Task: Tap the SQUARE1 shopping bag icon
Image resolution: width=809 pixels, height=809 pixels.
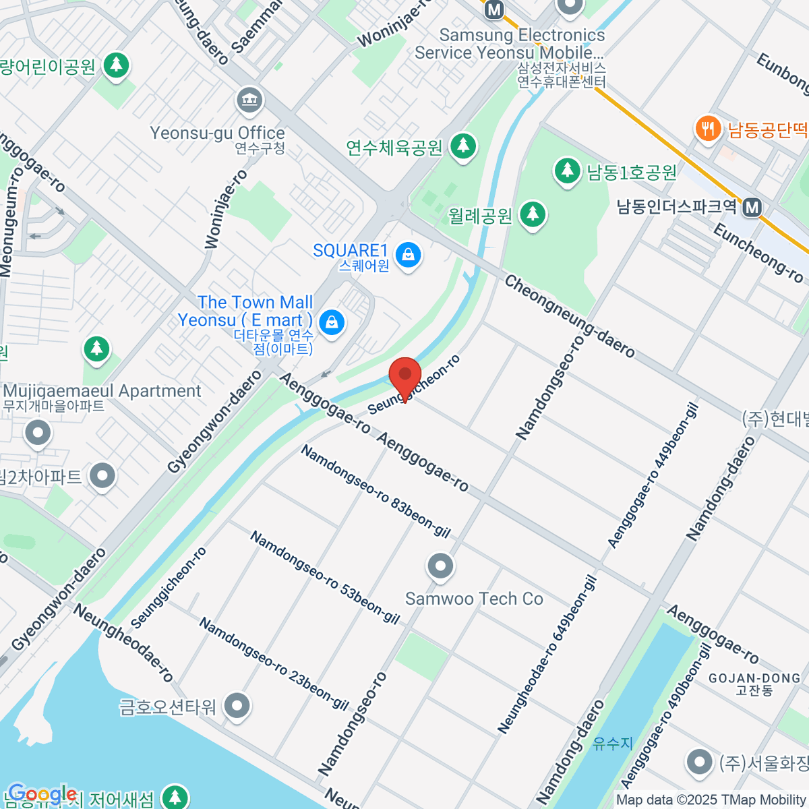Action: (x=409, y=255)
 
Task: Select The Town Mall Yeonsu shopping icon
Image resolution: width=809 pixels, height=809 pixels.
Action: (x=332, y=322)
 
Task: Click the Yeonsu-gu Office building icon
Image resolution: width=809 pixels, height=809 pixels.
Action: (x=249, y=101)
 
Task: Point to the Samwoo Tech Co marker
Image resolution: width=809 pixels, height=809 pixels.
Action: (x=440, y=566)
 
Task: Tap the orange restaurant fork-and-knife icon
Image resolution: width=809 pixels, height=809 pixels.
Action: (x=707, y=127)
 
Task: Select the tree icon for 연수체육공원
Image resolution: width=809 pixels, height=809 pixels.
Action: (x=462, y=145)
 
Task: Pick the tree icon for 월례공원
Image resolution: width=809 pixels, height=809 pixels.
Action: (x=533, y=214)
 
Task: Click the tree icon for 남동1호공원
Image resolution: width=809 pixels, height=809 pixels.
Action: (x=567, y=170)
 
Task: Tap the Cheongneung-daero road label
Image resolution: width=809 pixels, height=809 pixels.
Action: (x=570, y=316)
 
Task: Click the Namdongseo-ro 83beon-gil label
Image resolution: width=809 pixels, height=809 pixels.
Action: (x=375, y=491)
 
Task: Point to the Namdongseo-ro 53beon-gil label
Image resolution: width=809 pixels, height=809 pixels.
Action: (x=324, y=577)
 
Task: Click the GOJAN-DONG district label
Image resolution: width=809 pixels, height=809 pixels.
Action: (x=754, y=678)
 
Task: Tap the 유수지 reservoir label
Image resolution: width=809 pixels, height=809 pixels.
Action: (x=613, y=743)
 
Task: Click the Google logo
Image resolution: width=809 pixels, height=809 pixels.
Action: (x=42, y=794)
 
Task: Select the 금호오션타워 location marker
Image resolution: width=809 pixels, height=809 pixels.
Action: (x=237, y=707)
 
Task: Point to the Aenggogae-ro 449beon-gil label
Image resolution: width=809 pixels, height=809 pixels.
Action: (x=653, y=475)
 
